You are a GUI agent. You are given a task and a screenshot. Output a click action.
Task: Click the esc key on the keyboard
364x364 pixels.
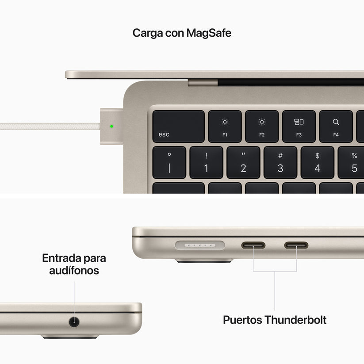pyautogui.click(x=178, y=126)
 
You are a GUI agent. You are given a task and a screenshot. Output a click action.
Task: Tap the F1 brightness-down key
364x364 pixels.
pyautogui.click(x=225, y=126)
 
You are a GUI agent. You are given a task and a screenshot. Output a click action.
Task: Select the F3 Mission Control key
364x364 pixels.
pyautogui.click(x=299, y=126)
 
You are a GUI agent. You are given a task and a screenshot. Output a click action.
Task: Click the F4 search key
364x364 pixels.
pyautogui.click(x=336, y=126)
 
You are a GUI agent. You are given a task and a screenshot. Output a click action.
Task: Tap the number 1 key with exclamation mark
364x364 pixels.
pyautogui.click(x=206, y=163)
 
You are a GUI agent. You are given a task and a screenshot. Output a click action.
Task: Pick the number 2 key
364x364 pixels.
pyautogui.click(x=243, y=163)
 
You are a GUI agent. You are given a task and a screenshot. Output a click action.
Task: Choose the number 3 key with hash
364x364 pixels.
pyautogui.click(x=280, y=163)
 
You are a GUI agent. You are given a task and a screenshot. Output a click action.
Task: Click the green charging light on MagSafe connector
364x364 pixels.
pyautogui.click(x=111, y=126)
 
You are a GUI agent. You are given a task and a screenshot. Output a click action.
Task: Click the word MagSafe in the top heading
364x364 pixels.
pyautogui.click(x=208, y=33)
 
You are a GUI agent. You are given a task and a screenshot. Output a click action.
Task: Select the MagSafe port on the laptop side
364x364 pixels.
pyautogui.click(x=200, y=245)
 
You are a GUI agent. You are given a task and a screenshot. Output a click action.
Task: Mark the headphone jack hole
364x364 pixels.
pyautogui.click(x=74, y=322)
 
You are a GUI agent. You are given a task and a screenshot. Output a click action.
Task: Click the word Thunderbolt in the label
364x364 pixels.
pyautogui.click(x=295, y=320)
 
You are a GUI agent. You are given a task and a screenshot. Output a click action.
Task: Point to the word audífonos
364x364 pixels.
pyautogui.click(x=74, y=270)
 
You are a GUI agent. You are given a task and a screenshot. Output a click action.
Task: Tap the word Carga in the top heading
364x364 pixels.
pyautogui.click(x=146, y=33)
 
